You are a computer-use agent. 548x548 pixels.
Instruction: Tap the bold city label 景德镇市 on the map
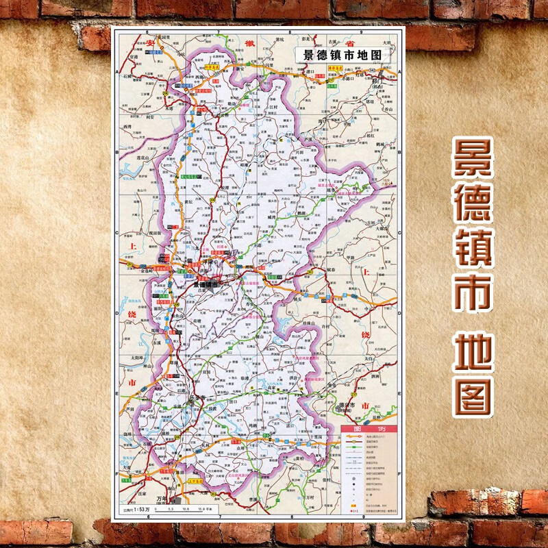(x=205, y=283)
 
